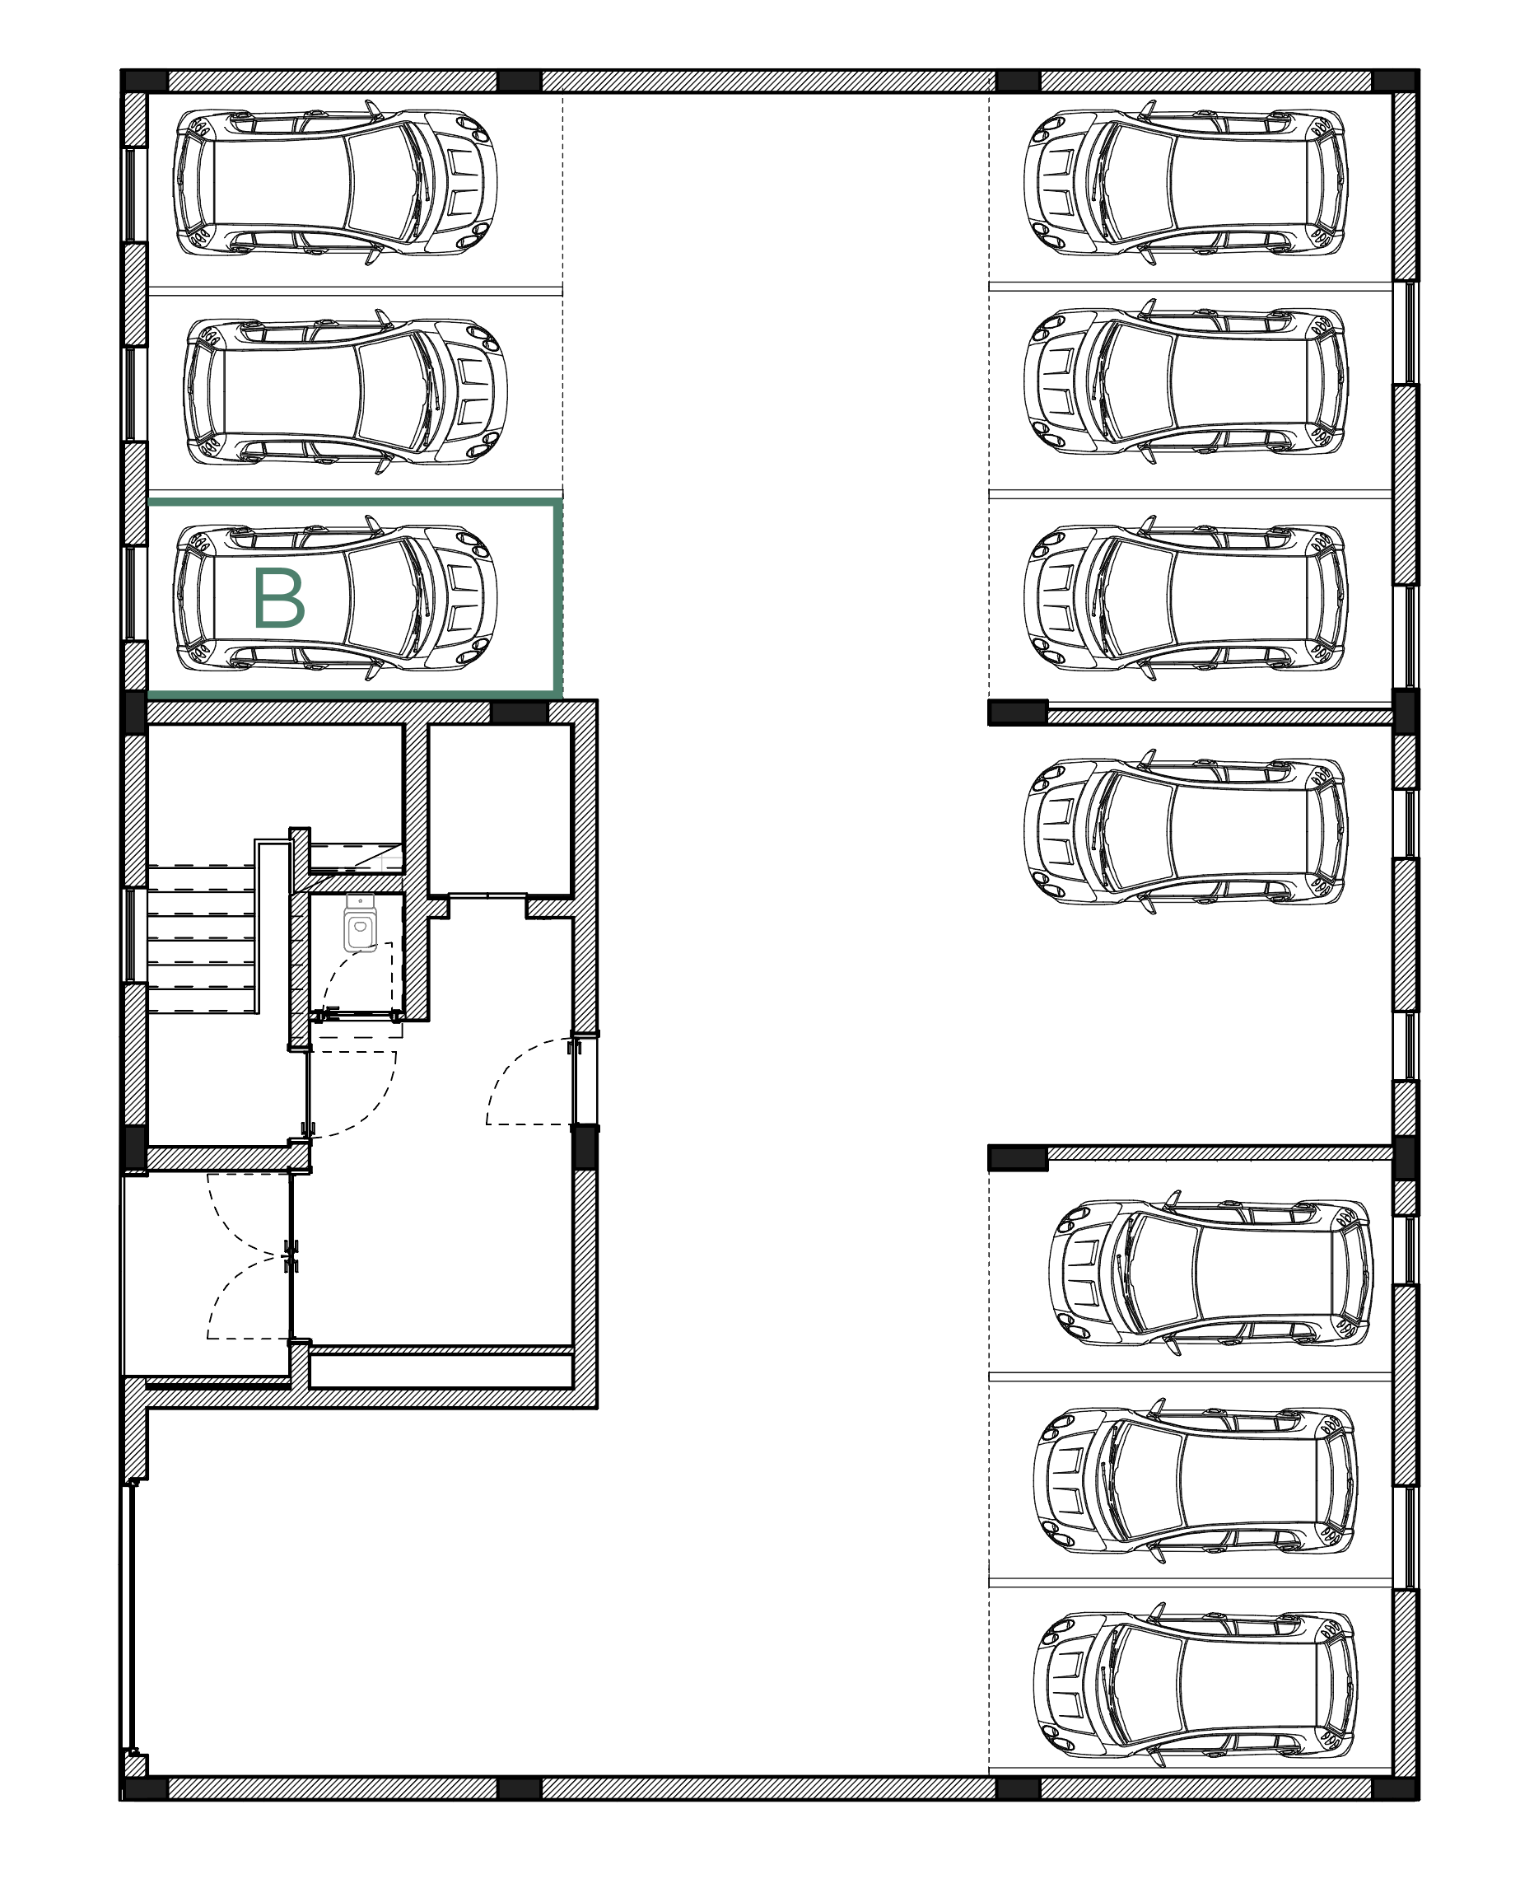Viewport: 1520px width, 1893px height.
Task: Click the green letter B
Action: pos(278,599)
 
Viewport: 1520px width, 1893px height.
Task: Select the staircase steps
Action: pos(201,938)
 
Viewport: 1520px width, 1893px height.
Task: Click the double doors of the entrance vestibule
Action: pos(292,1255)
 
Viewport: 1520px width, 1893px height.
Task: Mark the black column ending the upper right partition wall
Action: pos(1018,711)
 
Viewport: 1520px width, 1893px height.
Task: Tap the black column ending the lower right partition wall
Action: pos(1018,1158)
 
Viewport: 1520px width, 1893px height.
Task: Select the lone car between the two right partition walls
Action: pos(1186,831)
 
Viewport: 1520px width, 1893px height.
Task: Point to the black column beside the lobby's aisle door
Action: pos(585,1147)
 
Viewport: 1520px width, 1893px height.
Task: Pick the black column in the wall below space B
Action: pos(518,711)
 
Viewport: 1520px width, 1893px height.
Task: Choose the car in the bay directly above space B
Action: pos(345,391)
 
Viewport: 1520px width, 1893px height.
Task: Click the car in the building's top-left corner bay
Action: pos(335,182)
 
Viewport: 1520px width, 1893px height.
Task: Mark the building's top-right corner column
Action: pos(1395,81)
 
